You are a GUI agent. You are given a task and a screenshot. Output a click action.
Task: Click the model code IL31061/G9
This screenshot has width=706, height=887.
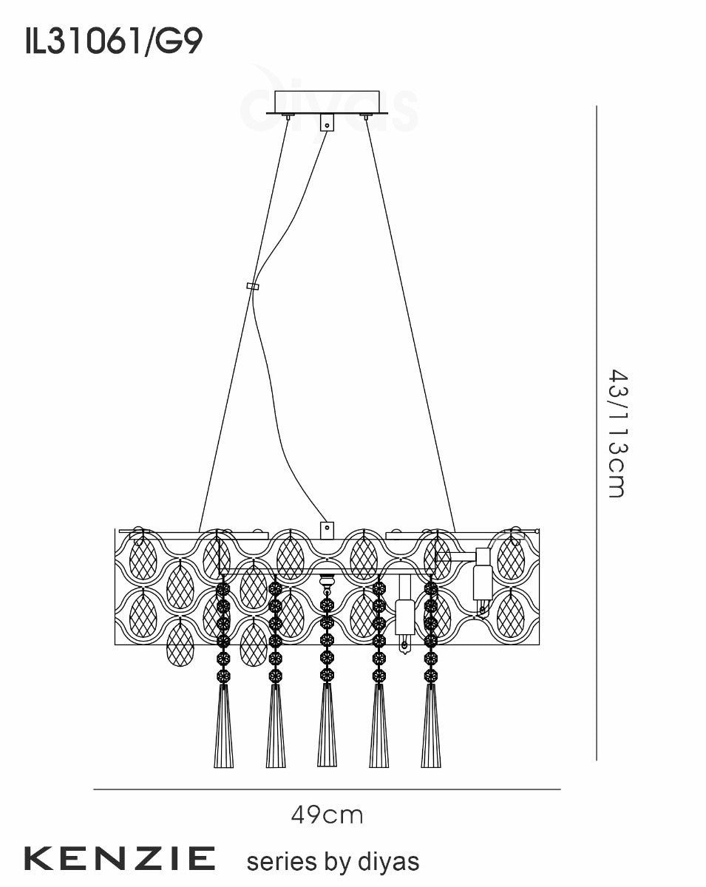(x=114, y=42)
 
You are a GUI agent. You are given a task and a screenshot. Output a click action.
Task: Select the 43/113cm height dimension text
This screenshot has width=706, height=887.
(x=618, y=433)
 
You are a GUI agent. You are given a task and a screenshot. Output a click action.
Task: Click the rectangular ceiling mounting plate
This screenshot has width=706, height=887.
(x=327, y=102)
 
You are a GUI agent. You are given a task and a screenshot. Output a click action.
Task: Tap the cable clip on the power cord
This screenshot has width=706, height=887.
(x=252, y=286)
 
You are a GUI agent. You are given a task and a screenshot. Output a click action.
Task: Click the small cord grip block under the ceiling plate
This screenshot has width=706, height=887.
(x=327, y=123)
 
